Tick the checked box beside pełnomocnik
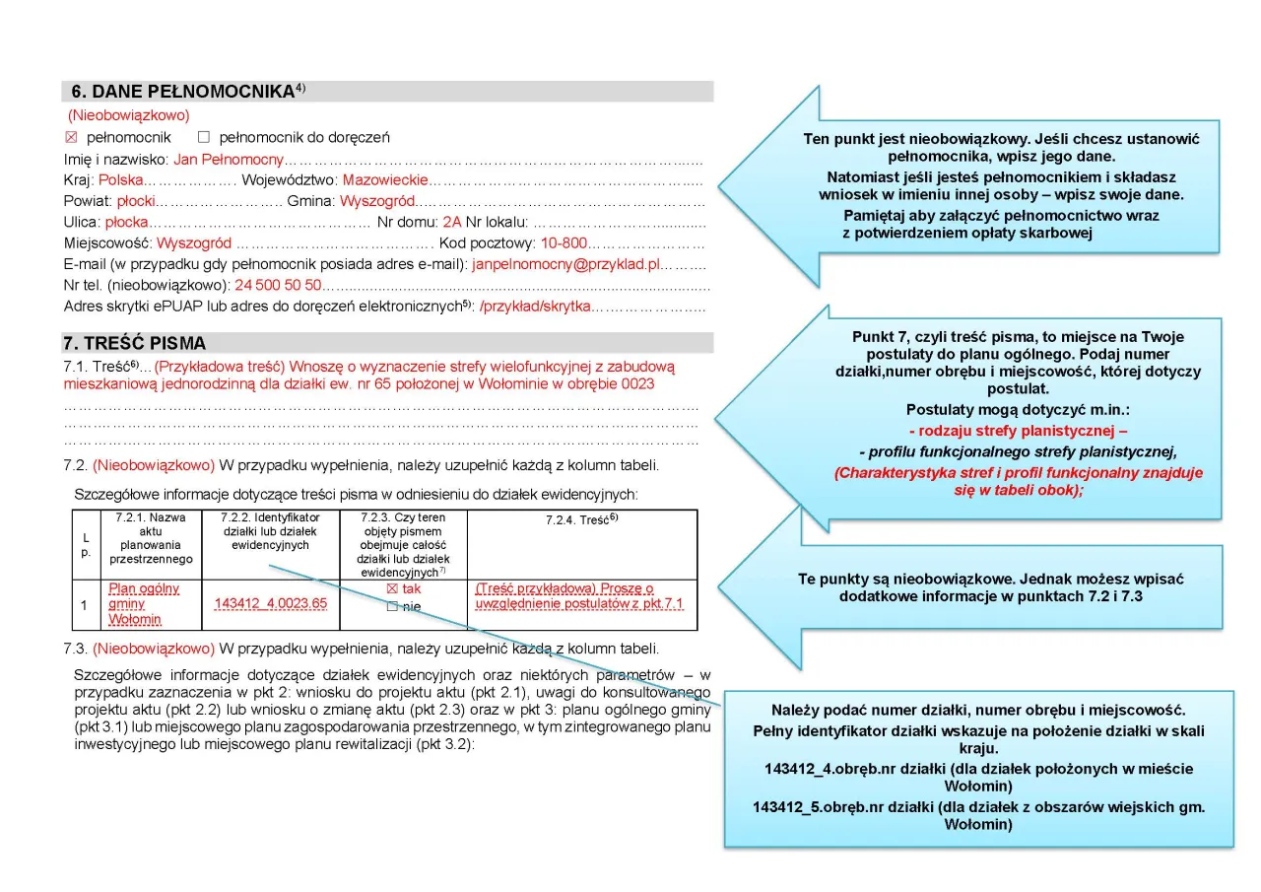70,137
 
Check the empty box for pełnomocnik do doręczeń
204,137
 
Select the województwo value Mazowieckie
385,180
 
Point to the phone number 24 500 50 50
278,285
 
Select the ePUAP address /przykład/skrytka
535,307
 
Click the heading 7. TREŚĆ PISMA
135,344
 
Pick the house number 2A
452,222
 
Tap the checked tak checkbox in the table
391,588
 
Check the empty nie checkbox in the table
391,607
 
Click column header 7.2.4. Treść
581,517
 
